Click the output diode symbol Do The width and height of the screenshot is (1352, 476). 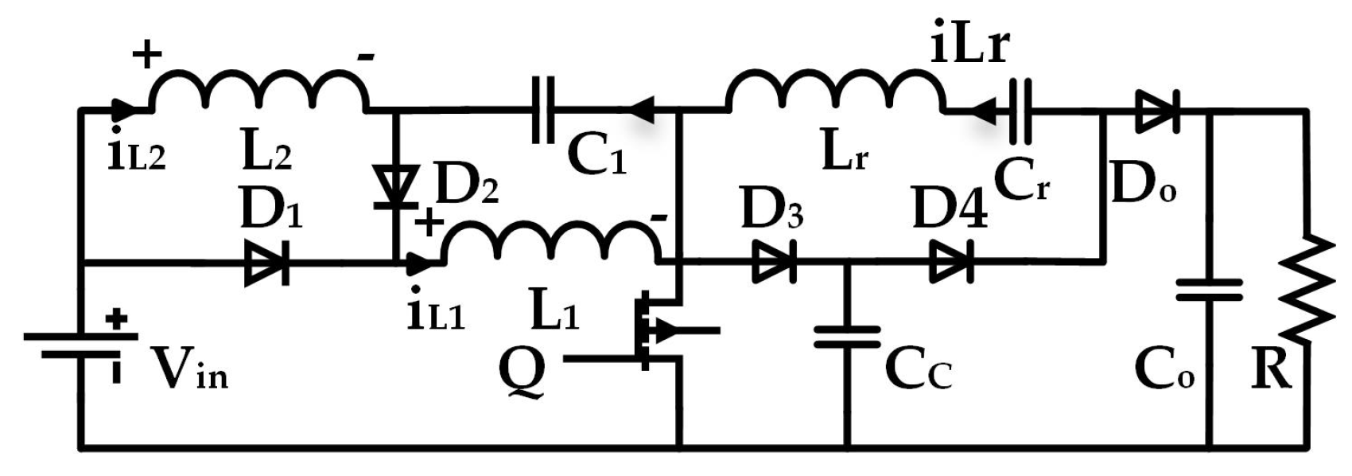[x=1158, y=111]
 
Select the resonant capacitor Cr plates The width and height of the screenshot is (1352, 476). [x=1020, y=111]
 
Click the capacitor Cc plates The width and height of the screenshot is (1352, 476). [x=847, y=336]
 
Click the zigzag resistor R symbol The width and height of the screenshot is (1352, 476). [x=1305, y=288]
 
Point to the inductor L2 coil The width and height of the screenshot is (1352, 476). [x=259, y=89]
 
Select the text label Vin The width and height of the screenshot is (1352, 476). [x=190, y=369]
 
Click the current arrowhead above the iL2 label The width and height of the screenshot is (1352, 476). [x=121, y=109]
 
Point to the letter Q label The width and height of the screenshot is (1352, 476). [x=522, y=373]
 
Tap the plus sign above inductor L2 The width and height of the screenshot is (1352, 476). [x=146, y=54]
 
